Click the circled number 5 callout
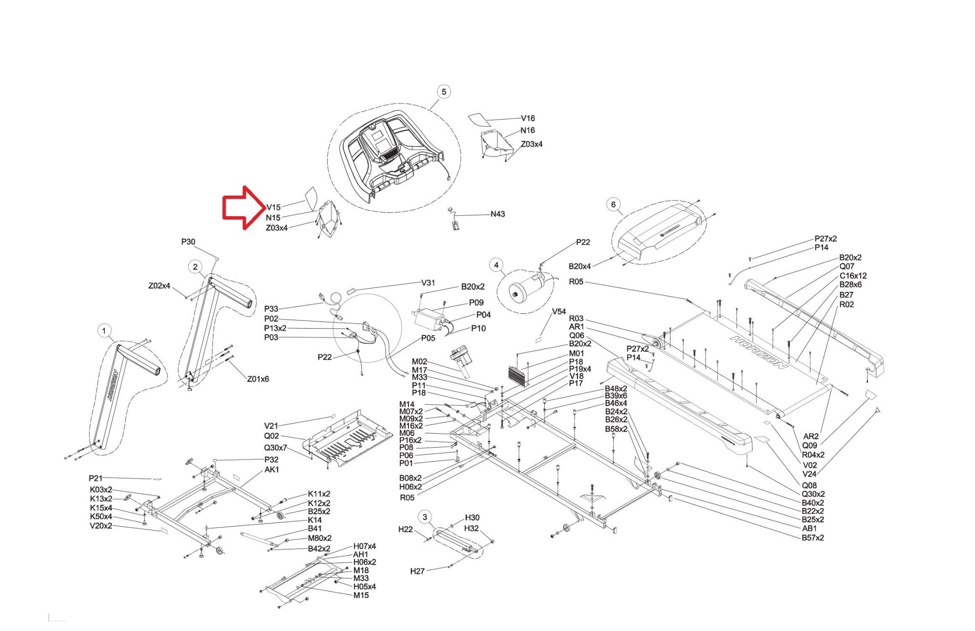[x=444, y=91]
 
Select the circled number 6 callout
[x=613, y=205]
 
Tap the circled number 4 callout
[x=496, y=265]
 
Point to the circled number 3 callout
[x=425, y=517]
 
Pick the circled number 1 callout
[x=104, y=331]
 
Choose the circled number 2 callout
[x=195, y=267]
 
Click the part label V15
[x=273, y=207]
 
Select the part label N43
[x=497, y=214]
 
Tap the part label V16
[x=527, y=118]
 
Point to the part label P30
[x=188, y=242]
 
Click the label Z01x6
[x=258, y=379]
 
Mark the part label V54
[x=559, y=311]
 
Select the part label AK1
[x=272, y=470]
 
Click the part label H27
[x=417, y=571]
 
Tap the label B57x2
[x=813, y=538]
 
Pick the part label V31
[x=428, y=282]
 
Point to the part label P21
[x=95, y=478]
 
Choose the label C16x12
[x=853, y=276]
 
